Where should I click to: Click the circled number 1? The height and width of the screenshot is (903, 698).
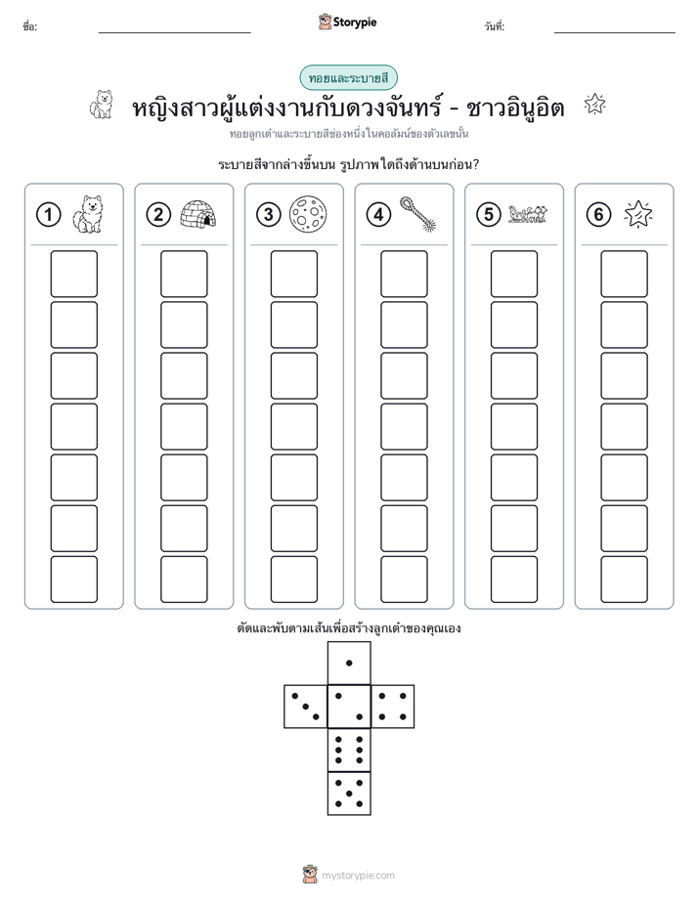click(x=48, y=215)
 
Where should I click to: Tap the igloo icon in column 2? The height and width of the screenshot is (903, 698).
click(x=198, y=214)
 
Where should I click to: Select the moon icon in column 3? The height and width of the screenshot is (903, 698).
click(x=308, y=214)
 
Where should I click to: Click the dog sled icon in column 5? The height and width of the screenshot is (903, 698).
click(x=528, y=214)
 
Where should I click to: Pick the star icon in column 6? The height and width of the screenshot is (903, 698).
click(x=638, y=214)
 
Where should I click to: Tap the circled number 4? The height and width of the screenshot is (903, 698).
click(x=378, y=215)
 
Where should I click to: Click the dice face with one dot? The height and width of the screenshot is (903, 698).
click(x=349, y=663)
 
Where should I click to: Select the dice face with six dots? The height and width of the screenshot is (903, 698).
click(x=349, y=750)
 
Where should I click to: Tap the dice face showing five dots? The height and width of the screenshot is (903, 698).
click(x=349, y=793)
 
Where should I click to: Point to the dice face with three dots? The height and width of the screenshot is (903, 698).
click(x=306, y=706)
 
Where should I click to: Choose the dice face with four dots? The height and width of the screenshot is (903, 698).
click(x=393, y=706)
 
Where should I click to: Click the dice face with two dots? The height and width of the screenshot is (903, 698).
click(x=349, y=706)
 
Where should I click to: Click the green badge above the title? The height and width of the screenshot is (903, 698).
click(x=348, y=78)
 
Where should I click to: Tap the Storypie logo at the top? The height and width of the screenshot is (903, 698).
click(x=347, y=22)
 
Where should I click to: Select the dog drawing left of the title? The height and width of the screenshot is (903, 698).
click(x=102, y=105)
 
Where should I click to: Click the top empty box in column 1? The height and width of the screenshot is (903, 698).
click(x=73, y=274)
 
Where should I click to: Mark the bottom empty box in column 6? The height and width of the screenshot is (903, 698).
click(x=625, y=580)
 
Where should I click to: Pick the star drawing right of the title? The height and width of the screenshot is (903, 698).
click(x=595, y=105)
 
